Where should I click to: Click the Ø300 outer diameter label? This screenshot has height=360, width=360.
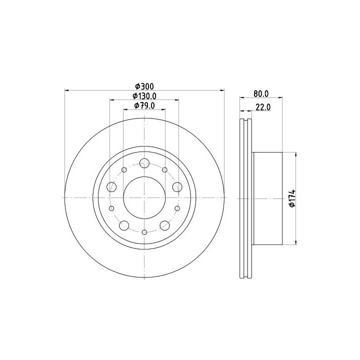pos(144,86)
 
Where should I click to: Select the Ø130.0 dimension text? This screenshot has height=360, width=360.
pos(144,96)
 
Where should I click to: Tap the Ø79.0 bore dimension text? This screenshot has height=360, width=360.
pos(144,105)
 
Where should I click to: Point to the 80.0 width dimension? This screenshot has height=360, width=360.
pos(261,93)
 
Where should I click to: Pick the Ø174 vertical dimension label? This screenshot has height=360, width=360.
pos(292,198)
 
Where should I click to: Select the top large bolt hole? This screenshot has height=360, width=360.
pos(144,163)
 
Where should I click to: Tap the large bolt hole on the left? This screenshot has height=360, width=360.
pos(111,187)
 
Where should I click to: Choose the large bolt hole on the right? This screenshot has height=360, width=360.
pos(177,187)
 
